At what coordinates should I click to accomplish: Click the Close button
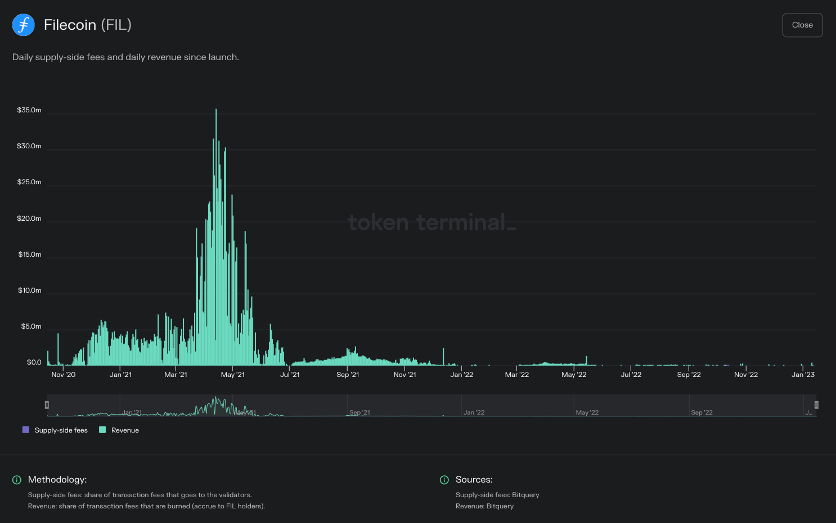coord(802,25)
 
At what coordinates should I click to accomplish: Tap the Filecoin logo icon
coord(24,25)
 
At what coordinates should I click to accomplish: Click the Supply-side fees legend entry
coord(55,430)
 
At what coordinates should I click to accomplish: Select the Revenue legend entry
coord(119,430)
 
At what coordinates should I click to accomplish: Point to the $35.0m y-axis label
coord(29,110)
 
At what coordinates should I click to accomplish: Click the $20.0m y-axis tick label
coord(29,219)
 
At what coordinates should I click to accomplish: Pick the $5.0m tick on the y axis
coord(31,326)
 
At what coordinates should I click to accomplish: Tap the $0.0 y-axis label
coord(34,362)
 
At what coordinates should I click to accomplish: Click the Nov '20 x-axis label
coord(63,375)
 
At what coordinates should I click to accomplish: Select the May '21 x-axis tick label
coord(232,375)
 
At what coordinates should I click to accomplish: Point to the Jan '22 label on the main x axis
coord(461,375)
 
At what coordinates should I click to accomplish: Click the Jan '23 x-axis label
coord(803,375)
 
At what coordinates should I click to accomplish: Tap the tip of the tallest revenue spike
coord(216,110)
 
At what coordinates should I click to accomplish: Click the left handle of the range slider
coord(47,405)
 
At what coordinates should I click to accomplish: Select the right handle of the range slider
coord(816,405)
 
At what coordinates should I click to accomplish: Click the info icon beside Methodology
coord(17,480)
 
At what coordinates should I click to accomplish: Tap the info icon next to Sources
coord(444,480)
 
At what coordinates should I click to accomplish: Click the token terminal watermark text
coord(432,222)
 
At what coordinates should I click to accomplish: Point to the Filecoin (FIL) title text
coord(87,25)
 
